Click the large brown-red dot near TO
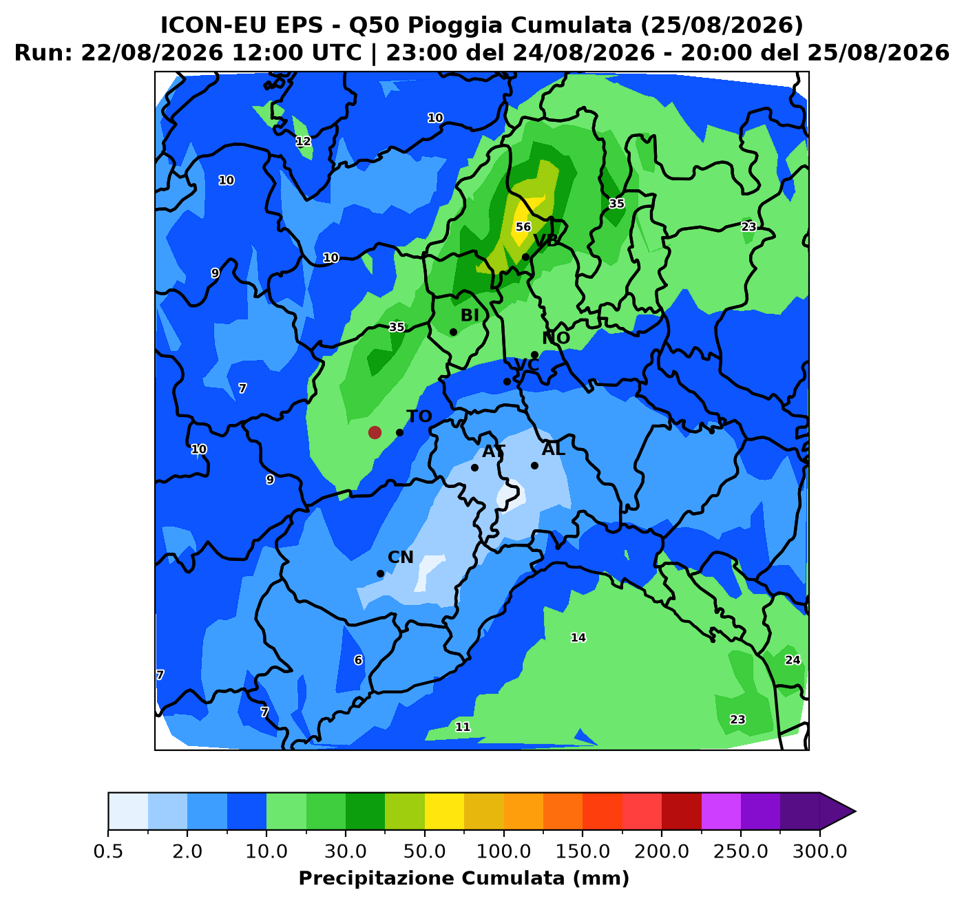pos(375,432)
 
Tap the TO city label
pos(419,416)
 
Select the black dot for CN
pos(381,573)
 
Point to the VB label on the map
pos(546,240)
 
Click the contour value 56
pos(523,226)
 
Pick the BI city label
pos(470,315)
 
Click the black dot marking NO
pos(534,354)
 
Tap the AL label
pos(554,449)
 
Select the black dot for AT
pos(474,467)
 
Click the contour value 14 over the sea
pos(578,637)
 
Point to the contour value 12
pos(304,141)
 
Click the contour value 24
pos(793,660)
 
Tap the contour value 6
pos(358,660)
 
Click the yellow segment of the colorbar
pos(444,811)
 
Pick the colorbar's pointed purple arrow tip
pos(855,811)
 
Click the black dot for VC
pos(507,381)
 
